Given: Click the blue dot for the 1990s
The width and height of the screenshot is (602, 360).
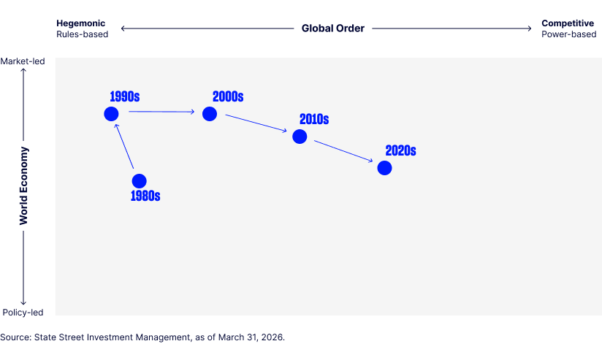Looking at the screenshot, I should (111, 113).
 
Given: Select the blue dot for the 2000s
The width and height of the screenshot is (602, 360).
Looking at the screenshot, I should (210, 113).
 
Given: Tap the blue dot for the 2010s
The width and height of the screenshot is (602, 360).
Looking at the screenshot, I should (300, 136).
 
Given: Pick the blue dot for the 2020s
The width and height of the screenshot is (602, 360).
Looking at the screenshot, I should (384, 168).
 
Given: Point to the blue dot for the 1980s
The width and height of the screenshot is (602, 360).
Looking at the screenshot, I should (139, 180).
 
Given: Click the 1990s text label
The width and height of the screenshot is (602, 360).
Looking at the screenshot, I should (125, 96).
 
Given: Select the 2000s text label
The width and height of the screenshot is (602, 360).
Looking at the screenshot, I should (228, 96).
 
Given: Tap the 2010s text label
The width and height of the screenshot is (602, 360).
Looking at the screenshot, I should (314, 118).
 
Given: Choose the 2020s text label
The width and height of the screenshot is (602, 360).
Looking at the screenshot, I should (400, 150).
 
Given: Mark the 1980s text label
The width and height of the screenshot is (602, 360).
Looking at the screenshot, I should (145, 196).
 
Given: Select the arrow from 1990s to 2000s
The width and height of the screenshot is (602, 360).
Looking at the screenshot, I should (161, 112).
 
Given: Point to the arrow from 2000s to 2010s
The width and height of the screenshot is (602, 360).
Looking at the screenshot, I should (256, 123).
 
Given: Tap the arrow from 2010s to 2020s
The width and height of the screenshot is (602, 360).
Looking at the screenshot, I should (343, 151).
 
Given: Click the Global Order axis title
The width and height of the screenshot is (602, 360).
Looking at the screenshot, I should (332, 28).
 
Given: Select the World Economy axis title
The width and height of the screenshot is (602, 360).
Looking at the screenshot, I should (24, 185).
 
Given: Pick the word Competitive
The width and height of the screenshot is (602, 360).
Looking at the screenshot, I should (568, 23).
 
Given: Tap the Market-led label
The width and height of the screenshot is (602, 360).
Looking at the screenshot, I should (23, 61).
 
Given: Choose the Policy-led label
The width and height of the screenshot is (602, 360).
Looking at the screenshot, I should (23, 313).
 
